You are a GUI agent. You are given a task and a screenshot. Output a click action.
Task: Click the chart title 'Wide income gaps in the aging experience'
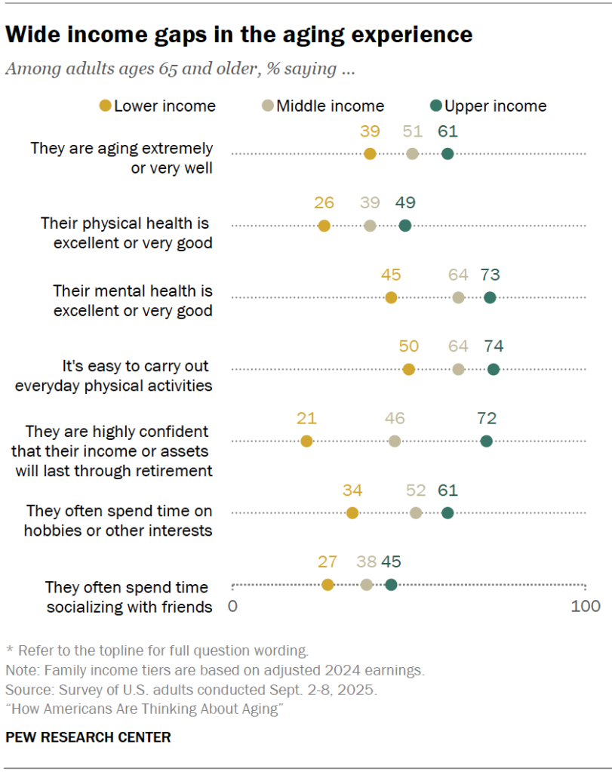click(x=239, y=35)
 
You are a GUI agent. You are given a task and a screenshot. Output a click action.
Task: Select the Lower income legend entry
click(x=158, y=106)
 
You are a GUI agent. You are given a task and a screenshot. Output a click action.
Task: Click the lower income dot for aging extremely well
click(x=369, y=154)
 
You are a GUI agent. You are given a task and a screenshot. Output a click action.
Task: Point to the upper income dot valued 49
click(x=404, y=226)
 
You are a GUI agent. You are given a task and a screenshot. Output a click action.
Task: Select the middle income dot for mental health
click(x=458, y=297)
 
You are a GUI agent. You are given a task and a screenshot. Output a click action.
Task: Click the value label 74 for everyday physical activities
click(x=493, y=346)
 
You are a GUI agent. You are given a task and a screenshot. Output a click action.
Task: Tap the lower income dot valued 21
click(x=306, y=441)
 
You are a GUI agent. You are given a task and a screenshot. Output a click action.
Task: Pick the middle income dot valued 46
click(x=395, y=441)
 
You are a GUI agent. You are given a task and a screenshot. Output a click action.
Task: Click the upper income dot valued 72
click(x=487, y=441)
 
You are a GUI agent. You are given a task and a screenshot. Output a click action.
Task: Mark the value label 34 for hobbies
click(x=352, y=490)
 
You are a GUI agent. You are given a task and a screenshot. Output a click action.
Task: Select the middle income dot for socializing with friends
click(x=367, y=585)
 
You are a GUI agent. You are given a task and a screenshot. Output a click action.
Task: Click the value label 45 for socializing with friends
click(x=391, y=561)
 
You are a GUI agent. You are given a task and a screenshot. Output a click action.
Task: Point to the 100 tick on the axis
click(x=586, y=606)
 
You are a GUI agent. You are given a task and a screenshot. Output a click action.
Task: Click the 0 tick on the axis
click(x=232, y=606)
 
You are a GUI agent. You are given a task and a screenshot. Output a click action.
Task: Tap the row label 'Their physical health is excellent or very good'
click(x=126, y=233)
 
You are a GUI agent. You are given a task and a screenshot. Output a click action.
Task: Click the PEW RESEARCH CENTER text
click(x=88, y=737)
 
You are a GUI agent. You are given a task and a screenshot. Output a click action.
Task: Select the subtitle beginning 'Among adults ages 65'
click(x=180, y=69)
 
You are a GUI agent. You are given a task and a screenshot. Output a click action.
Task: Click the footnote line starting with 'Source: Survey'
click(x=191, y=690)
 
